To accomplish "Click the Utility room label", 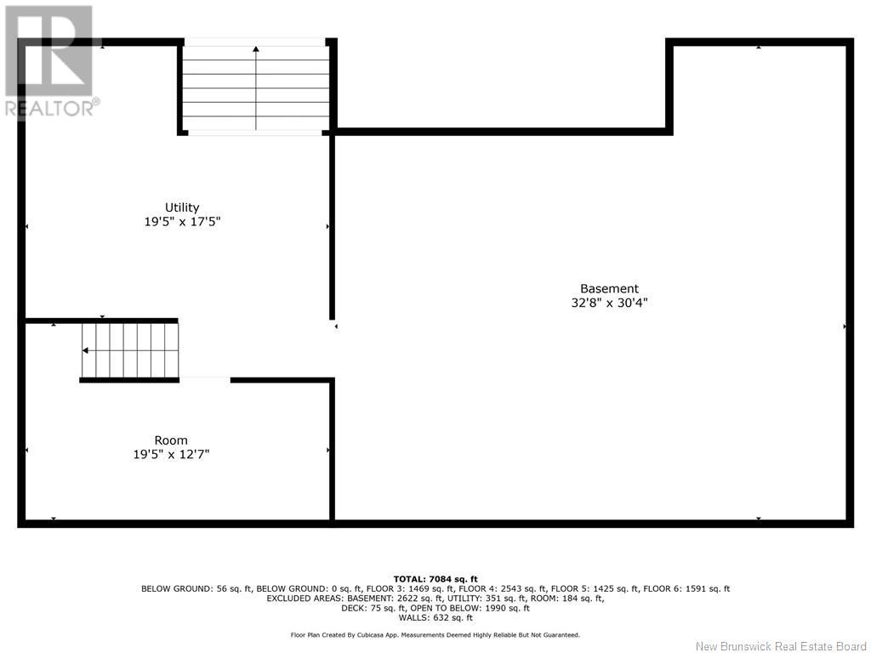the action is (182, 207).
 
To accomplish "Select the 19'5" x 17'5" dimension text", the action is (182, 222).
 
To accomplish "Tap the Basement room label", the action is (609, 289).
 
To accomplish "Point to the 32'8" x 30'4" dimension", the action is (609, 303).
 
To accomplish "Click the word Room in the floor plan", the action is (170, 440).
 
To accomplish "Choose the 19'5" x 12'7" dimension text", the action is (171, 454).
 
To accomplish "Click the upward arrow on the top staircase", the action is (255, 88).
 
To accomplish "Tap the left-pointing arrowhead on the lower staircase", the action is (85, 350).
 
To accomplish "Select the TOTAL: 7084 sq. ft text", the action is (435, 579).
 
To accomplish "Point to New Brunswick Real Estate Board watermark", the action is (781, 646).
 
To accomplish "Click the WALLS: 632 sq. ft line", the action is (435, 617).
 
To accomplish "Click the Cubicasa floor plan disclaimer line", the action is (435, 634).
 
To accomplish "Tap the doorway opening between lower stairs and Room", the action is (205, 380).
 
